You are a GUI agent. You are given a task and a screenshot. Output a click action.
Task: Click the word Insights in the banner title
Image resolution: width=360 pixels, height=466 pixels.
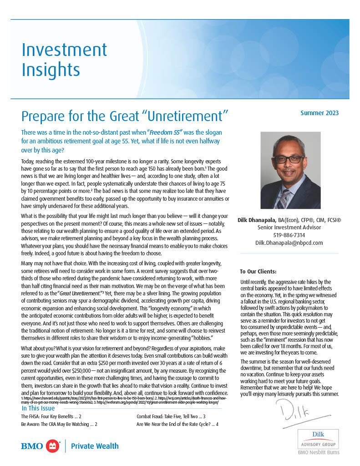click(x=51, y=70)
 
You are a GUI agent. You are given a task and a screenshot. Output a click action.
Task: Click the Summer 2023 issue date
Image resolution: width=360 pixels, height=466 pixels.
click(x=319, y=113)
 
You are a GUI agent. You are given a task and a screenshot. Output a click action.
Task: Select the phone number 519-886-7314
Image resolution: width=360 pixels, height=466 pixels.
click(x=289, y=235)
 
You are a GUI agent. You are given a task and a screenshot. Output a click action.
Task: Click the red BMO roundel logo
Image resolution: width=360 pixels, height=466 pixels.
click(x=54, y=446)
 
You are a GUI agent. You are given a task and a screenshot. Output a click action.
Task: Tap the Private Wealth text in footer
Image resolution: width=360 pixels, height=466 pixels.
click(x=95, y=446)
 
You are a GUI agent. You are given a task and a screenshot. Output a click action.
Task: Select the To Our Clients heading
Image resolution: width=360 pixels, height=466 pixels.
click(x=258, y=272)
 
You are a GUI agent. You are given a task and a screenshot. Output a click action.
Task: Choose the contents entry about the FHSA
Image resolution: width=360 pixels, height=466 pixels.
click(x=51, y=416)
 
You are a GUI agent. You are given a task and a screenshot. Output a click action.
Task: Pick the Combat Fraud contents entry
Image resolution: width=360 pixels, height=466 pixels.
click(x=171, y=416)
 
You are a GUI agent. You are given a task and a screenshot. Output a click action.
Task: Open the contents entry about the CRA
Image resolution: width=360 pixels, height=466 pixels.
click(x=59, y=424)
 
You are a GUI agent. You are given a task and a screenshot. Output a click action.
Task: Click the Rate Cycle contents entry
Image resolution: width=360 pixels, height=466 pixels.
click(x=177, y=424)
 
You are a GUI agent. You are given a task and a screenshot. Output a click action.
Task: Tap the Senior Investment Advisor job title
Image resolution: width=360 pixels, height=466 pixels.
click(x=289, y=228)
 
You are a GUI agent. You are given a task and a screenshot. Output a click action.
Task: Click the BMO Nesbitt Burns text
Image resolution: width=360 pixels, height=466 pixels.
click(x=319, y=452)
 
